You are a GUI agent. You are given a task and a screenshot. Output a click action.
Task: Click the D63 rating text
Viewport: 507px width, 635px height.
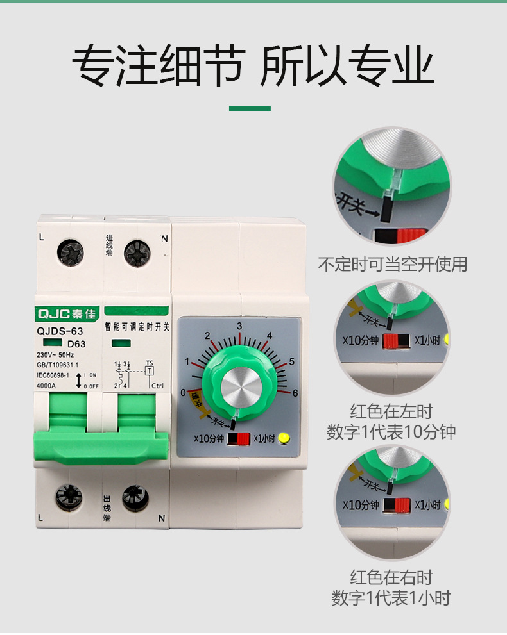[76, 343]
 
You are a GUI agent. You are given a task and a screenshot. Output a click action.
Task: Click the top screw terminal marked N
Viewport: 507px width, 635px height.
[137, 252]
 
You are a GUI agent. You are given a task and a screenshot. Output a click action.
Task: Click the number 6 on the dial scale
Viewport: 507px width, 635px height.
[295, 393]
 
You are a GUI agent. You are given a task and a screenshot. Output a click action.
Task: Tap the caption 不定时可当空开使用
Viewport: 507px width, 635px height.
[392, 264]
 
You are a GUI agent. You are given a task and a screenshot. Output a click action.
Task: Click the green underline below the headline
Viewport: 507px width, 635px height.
[250, 108]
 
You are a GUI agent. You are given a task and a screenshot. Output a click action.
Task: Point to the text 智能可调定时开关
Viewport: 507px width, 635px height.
[137, 327]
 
